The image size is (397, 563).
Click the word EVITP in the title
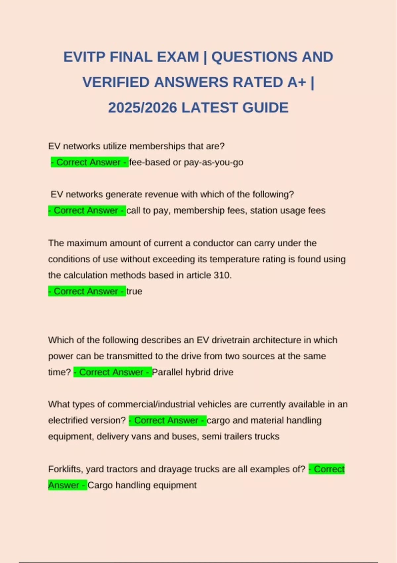pyautogui.click(x=84, y=57)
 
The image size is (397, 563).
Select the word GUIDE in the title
pyautogui.click(x=265, y=108)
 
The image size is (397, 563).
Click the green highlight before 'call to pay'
pyautogui.click(x=87, y=211)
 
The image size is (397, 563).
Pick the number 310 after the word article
pyautogui.click(x=222, y=275)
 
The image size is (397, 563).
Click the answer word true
pyautogui.click(x=134, y=291)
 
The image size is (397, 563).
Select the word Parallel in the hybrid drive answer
pyautogui.click(x=167, y=372)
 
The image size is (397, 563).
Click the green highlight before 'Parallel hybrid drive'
pyautogui.click(x=112, y=372)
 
